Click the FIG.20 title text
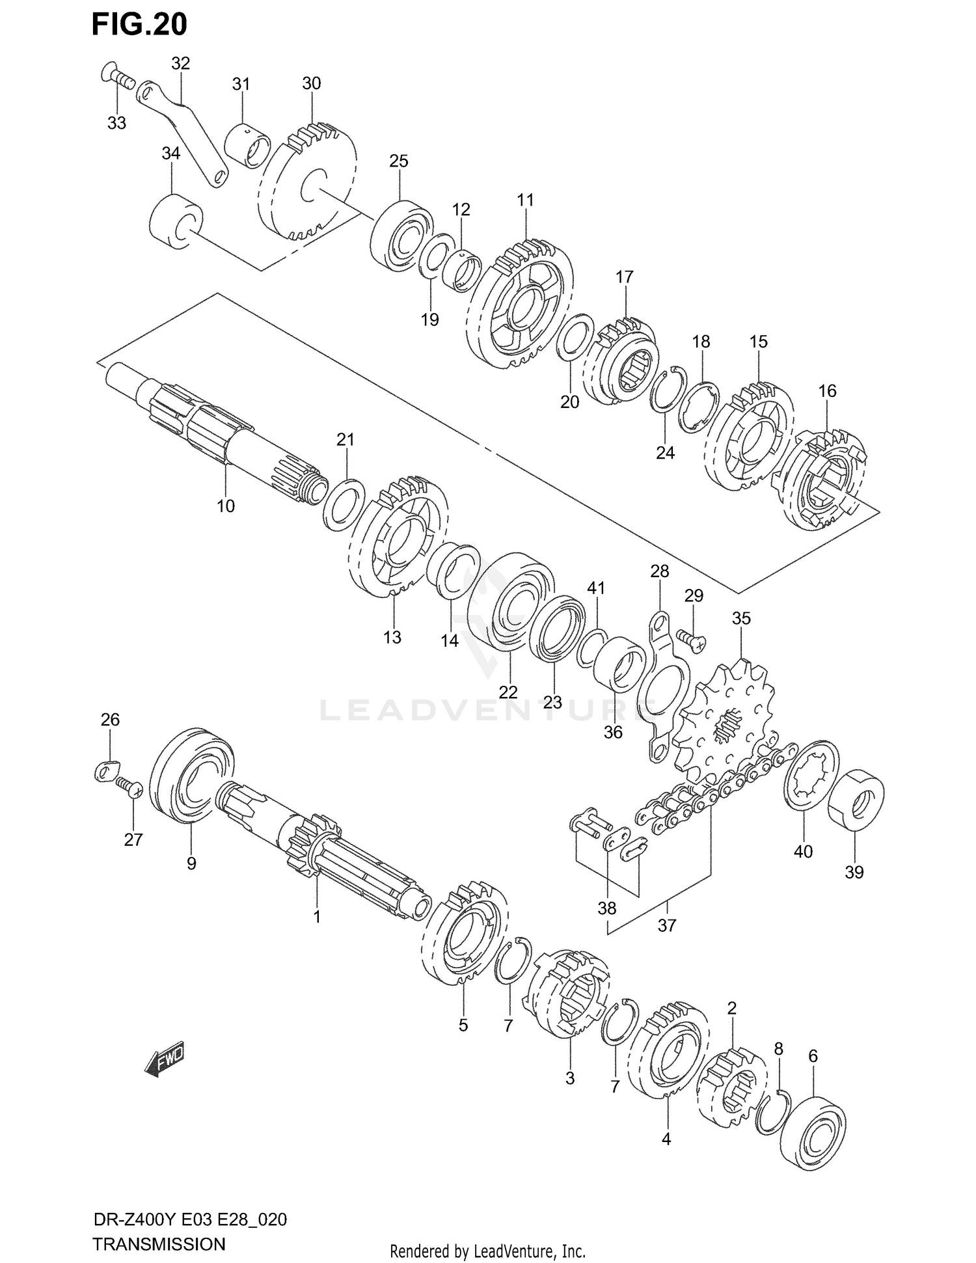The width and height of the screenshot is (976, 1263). [139, 24]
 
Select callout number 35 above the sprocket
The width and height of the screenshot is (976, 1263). [741, 618]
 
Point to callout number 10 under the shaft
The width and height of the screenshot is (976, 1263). [226, 506]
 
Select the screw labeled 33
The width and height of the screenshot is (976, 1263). [117, 79]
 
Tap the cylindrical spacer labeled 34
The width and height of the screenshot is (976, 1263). [174, 221]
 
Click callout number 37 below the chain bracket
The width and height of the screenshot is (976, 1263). [667, 925]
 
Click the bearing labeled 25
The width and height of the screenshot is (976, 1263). [401, 236]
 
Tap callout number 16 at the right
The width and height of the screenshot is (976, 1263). [827, 391]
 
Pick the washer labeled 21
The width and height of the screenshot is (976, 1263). [342, 504]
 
